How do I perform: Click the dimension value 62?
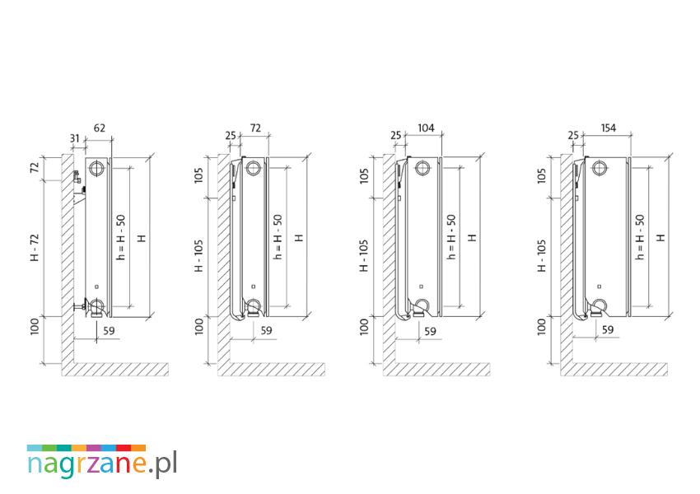(100, 128)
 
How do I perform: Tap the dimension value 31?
(75, 139)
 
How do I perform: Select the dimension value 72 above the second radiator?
(255, 128)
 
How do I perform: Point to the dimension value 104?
(426, 128)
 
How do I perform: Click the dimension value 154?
(608, 128)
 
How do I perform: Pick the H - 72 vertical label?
(35, 247)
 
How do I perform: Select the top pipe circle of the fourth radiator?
(600, 168)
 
